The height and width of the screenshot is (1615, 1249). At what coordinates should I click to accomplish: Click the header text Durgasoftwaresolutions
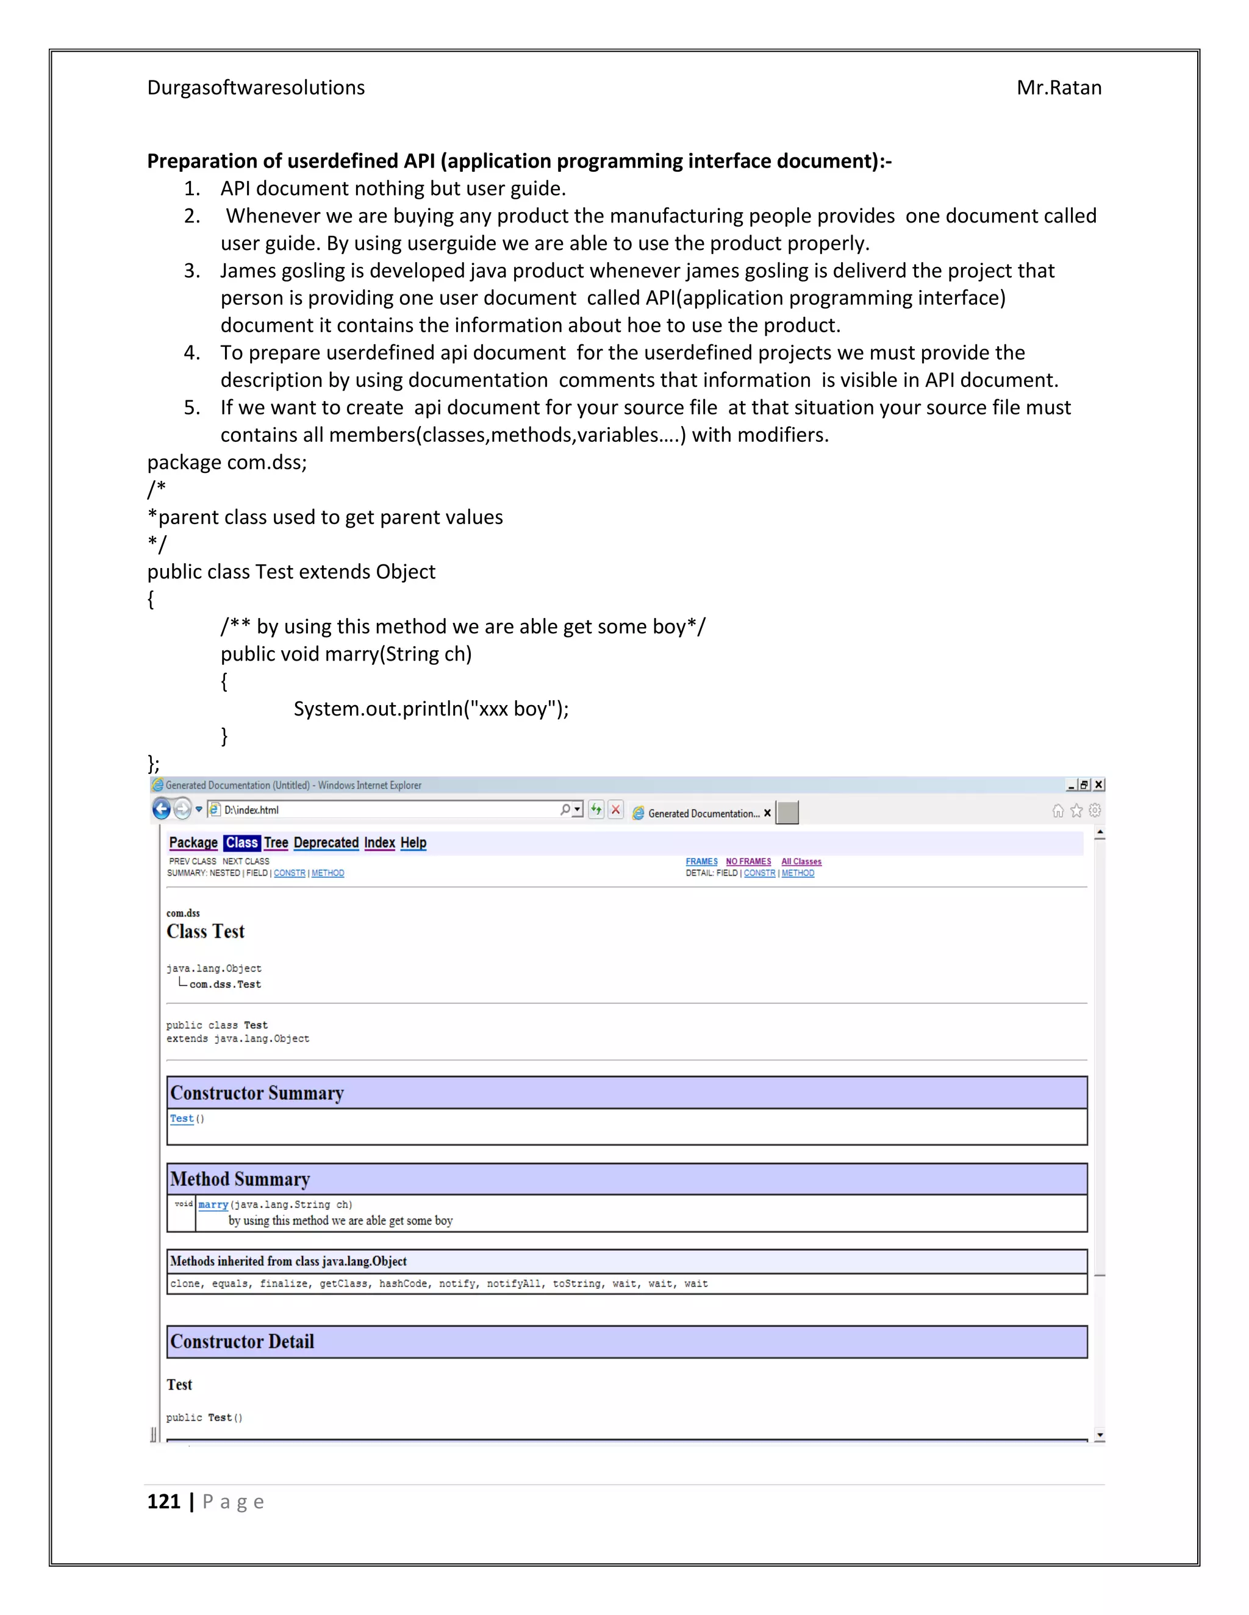click(x=256, y=88)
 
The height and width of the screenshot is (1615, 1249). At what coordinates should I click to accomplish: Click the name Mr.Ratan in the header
click(x=1058, y=88)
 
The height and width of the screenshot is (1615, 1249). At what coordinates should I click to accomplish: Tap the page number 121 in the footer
click(x=163, y=1501)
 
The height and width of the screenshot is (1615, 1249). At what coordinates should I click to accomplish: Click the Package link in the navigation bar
click(x=193, y=842)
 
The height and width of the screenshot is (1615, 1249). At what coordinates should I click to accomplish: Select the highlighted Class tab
click(x=242, y=842)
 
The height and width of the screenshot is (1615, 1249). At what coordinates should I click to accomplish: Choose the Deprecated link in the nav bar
click(x=326, y=842)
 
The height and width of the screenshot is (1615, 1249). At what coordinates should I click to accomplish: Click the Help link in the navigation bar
click(x=413, y=842)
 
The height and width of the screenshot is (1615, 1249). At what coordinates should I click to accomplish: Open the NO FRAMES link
click(x=748, y=862)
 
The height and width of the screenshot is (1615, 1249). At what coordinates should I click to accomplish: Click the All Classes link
click(x=801, y=862)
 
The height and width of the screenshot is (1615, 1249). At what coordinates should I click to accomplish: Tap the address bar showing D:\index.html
click(x=385, y=810)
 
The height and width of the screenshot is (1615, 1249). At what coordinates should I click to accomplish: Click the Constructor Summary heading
click(x=257, y=1093)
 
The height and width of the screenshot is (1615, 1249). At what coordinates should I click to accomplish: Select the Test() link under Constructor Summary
click(x=182, y=1119)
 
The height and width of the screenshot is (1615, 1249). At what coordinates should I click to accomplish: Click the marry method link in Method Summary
click(x=213, y=1205)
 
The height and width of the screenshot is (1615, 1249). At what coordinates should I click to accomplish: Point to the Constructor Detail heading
click(x=242, y=1341)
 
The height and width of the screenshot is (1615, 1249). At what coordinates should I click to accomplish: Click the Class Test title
click(x=205, y=932)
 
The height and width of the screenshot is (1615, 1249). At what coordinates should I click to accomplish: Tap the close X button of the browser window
click(x=1099, y=784)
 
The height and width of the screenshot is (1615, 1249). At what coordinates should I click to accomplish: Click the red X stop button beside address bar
click(x=615, y=810)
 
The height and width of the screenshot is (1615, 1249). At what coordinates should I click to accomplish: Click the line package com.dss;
click(x=226, y=462)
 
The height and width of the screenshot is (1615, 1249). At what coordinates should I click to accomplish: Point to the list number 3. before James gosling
click(x=191, y=271)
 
